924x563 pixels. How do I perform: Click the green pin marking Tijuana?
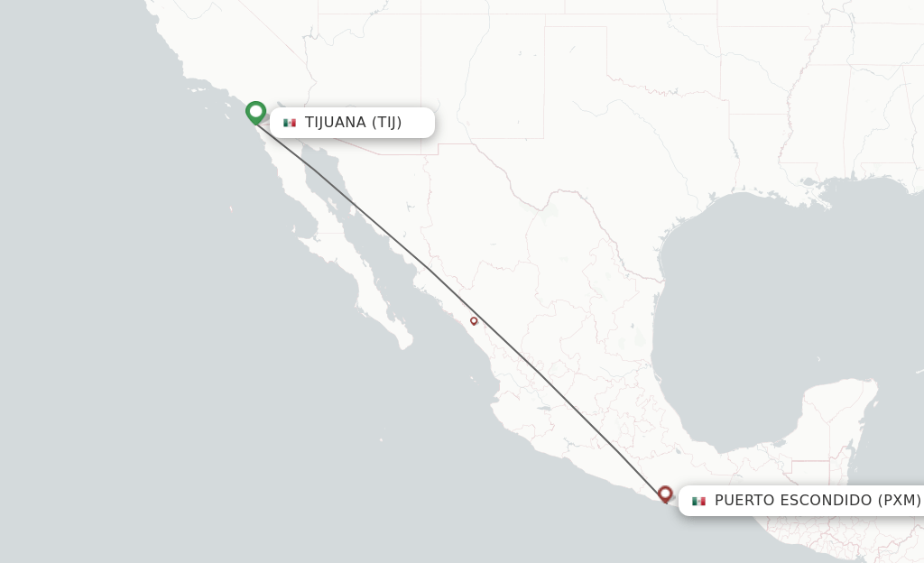(256, 112)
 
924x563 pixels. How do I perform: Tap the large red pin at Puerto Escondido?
(666, 494)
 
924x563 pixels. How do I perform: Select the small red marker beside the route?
(474, 320)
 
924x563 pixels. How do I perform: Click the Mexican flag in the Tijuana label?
(290, 123)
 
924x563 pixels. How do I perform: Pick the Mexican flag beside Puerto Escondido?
(698, 501)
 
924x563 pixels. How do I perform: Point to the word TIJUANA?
(336, 123)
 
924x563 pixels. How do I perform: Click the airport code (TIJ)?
(387, 123)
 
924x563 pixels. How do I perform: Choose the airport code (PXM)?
(900, 500)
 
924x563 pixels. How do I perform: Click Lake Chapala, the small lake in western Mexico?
(543, 408)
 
